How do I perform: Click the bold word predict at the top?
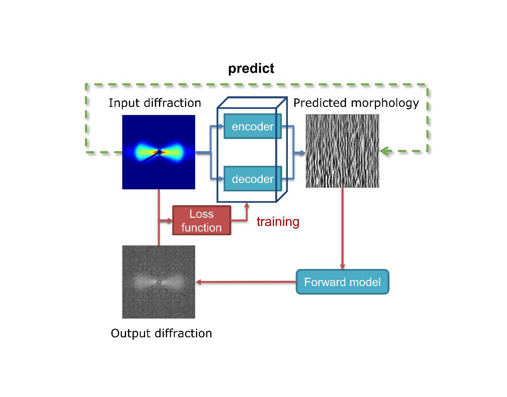251,69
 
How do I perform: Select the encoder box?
252,126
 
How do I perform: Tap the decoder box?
252,178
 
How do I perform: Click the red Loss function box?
202,220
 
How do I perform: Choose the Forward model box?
342,282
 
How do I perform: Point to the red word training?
278,221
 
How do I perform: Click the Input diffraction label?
155,103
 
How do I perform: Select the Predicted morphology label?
356,103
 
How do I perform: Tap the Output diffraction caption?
161,333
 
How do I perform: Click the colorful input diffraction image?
159,152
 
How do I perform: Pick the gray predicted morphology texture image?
342,151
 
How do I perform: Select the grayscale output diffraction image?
159,282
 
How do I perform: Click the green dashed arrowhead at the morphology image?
385,151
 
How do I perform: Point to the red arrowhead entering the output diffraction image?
198,282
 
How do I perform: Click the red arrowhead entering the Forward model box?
342,267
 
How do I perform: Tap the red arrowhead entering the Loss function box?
170,220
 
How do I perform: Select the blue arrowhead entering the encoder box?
221,126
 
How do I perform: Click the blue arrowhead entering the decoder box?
221,179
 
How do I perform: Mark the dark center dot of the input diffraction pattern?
159,152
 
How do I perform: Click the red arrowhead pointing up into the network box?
247,205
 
